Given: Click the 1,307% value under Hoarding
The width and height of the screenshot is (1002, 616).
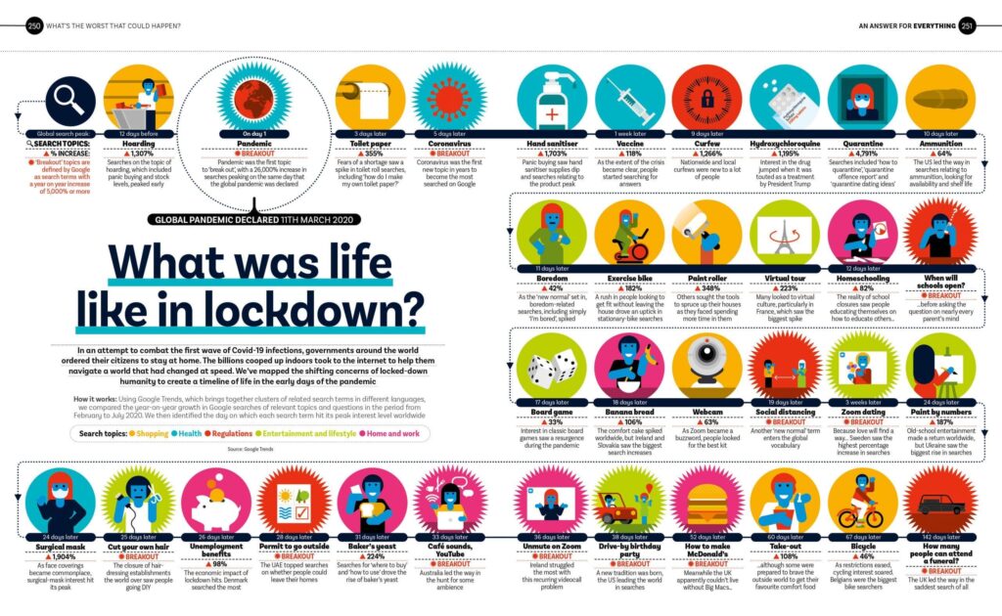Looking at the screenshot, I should (x=139, y=154).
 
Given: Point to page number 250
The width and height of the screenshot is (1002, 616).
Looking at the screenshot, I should (x=35, y=24).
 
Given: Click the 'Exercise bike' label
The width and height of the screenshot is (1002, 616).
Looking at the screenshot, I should (x=629, y=278).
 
